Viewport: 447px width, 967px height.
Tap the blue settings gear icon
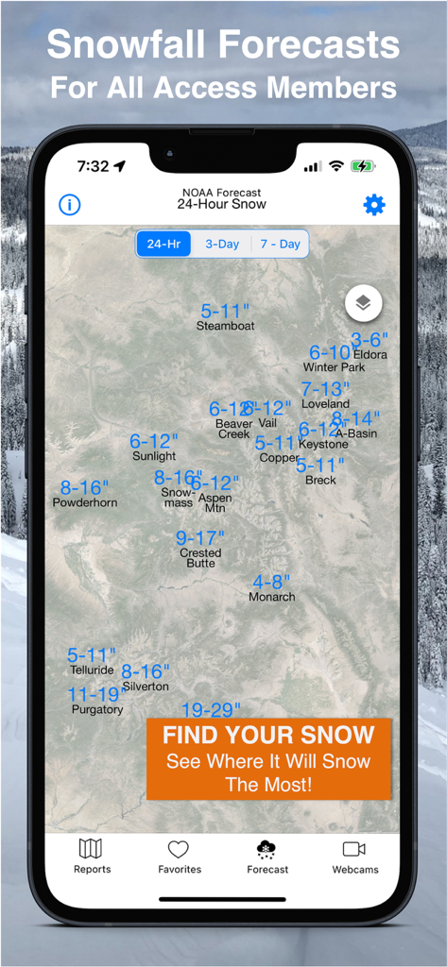[374, 205]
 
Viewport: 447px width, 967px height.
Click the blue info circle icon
[69, 205]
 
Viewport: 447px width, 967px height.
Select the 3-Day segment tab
[222, 244]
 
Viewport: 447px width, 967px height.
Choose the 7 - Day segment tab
[280, 244]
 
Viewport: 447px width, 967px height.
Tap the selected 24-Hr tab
[163, 244]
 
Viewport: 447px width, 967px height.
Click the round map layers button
[364, 303]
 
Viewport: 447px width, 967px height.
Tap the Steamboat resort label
[225, 326]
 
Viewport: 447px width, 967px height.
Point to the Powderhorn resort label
[85, 502]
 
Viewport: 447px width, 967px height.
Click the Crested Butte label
[200, 558]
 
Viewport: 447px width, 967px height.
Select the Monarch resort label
[272, 597]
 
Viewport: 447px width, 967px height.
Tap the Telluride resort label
[92, 670]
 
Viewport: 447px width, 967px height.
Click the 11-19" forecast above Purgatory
[97, 695]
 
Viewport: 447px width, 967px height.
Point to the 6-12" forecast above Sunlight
[154, 441]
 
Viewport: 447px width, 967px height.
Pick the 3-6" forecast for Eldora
[370, 340]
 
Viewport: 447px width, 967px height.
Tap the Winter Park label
[334, 367]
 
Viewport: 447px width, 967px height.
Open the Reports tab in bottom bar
[92, 857]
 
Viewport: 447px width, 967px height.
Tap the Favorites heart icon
[179, 849]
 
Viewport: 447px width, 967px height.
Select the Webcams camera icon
[354, 849]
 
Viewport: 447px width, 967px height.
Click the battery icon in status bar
[363, 166]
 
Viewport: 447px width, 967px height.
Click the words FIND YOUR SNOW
[268, 735]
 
